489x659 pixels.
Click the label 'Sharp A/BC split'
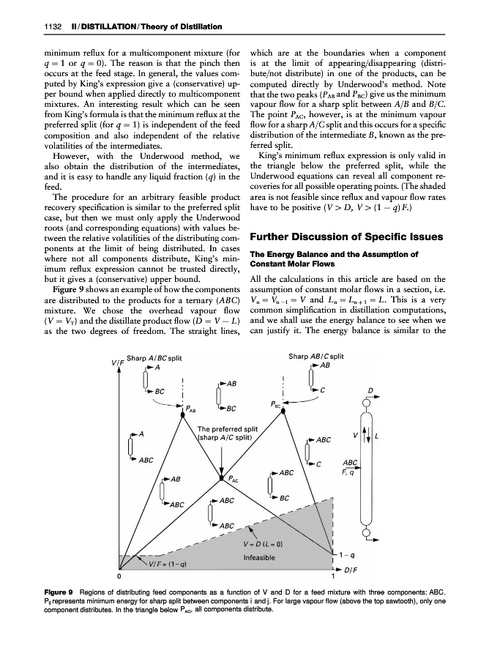154,358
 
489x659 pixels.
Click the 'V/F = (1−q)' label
167,564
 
